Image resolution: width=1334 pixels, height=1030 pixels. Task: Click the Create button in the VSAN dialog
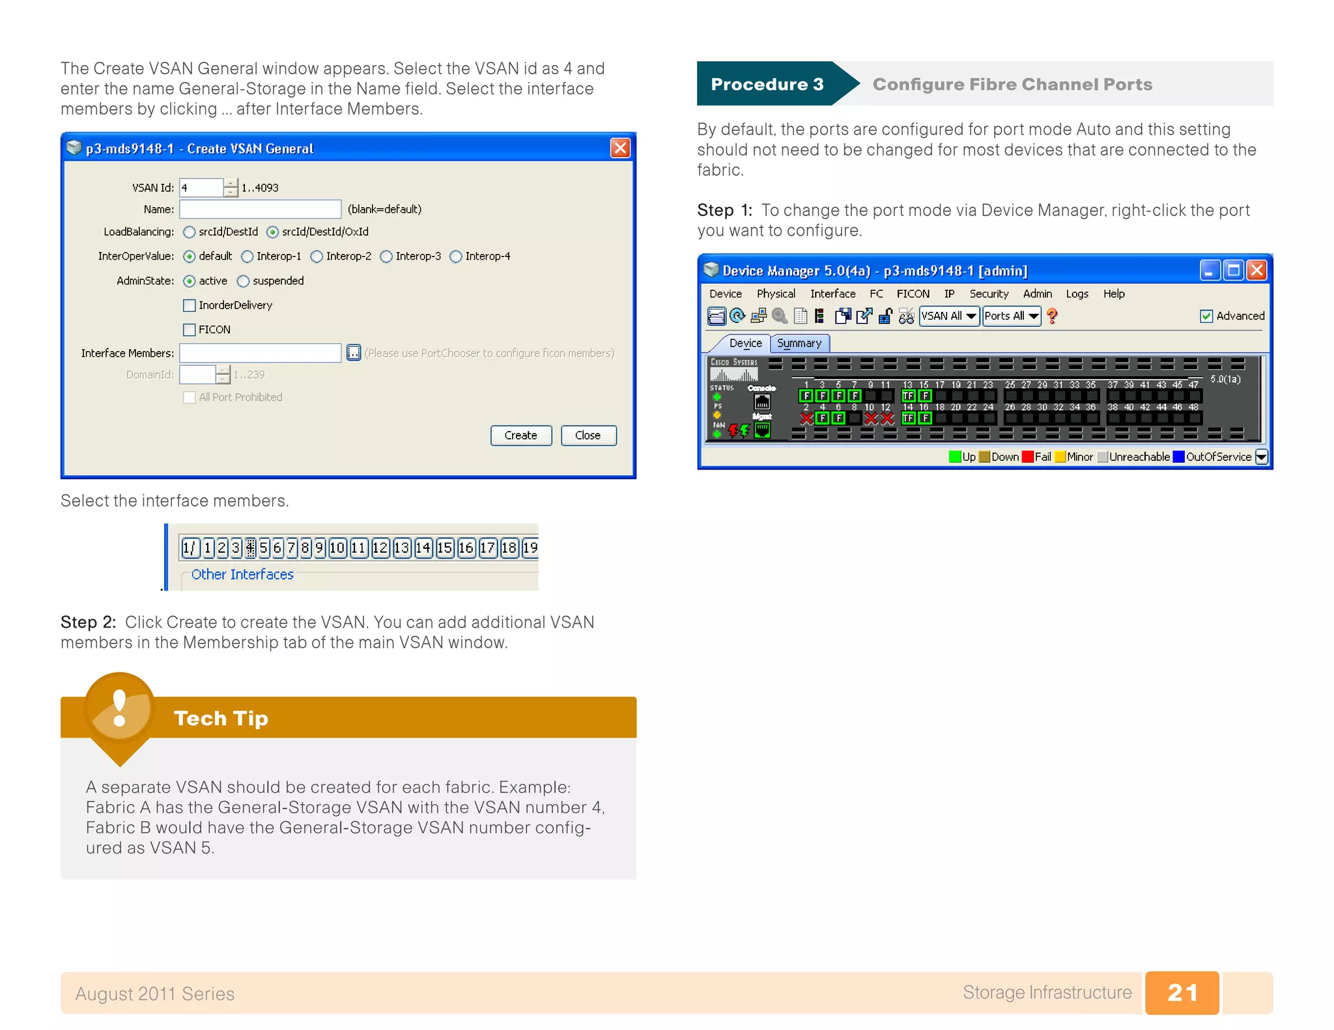(520, 435)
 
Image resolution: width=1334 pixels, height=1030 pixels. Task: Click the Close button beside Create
(588, 435)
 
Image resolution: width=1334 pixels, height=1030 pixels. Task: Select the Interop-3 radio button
(386, 257)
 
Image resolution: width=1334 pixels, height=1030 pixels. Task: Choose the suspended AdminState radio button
(244, 281)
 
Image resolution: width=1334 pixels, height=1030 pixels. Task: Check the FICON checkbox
(190, 329)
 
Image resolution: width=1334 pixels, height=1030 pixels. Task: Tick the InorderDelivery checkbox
(190, 305)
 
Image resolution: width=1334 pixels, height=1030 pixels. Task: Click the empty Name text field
(260, 209)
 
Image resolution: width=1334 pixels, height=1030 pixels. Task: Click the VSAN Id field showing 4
(201, 188)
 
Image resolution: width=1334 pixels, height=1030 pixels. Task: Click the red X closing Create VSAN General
(620, 148)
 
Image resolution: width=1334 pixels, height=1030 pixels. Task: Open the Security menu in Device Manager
(988, 294)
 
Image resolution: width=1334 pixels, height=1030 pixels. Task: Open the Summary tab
(799, 343)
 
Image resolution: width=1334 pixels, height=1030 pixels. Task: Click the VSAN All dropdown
(948, 316)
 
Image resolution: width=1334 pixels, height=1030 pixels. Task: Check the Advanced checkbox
(1206, 316)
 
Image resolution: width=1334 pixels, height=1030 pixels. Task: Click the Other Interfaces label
(242, 574)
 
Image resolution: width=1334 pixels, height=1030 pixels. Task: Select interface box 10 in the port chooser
(337, 548)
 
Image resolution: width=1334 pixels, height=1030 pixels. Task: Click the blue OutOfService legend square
(1178, 456)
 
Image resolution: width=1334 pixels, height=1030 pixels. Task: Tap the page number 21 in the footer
(1182, 993)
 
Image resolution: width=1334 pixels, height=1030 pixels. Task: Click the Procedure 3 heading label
(767, 84)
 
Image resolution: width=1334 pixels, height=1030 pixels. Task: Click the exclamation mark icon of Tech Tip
(119, 708)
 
